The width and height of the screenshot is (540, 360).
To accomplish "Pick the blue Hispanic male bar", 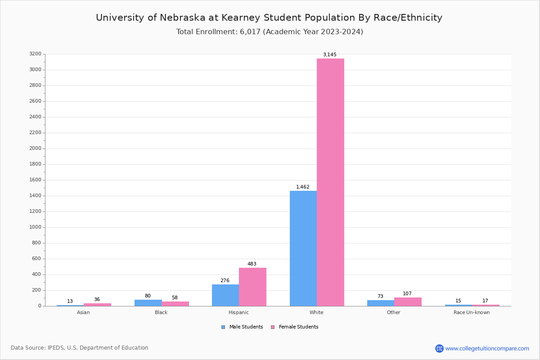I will [225, 295].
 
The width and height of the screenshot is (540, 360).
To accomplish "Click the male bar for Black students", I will [148, 303].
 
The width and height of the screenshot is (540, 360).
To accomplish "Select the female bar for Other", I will [408, 301].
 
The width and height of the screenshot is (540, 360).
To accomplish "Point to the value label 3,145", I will [329, 55].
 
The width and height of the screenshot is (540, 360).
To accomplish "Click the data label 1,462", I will [302, 187].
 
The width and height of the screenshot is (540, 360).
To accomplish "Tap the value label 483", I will [252, 264].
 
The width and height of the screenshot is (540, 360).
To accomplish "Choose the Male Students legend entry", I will [246, 327].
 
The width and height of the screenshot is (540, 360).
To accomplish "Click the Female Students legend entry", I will [298, 327].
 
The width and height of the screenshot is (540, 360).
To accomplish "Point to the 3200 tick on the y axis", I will [35, 54].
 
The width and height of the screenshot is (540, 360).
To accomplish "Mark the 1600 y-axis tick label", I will [35, 180].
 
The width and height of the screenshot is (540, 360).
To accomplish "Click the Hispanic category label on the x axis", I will [238, 313].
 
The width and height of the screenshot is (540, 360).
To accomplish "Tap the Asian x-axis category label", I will [83, 313].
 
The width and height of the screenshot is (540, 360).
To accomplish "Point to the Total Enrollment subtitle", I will [270, 32].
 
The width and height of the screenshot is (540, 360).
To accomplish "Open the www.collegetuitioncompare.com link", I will [487, 348].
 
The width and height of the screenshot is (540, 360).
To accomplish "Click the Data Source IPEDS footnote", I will [80, 348].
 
